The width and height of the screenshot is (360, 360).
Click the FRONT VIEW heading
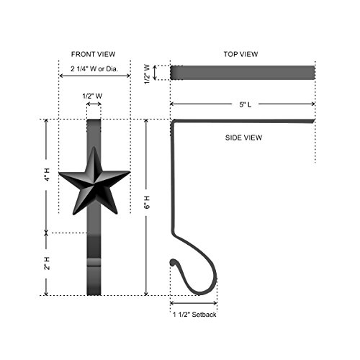tap(93, 54)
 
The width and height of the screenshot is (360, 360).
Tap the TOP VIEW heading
tap(240, 54)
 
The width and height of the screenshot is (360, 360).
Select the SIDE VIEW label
tap(243, 138)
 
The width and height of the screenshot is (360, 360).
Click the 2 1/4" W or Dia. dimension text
tap(94, 69)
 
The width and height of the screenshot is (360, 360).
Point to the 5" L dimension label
tap(246, 104)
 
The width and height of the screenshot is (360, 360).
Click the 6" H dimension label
tap(147, 202)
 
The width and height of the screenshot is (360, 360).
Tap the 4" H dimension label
tap(47, 175)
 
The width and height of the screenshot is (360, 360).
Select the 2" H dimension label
tap(47, 264)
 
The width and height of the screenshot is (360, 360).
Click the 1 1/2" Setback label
tap(194, 315)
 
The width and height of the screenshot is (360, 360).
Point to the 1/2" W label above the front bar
tap(92, 96)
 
